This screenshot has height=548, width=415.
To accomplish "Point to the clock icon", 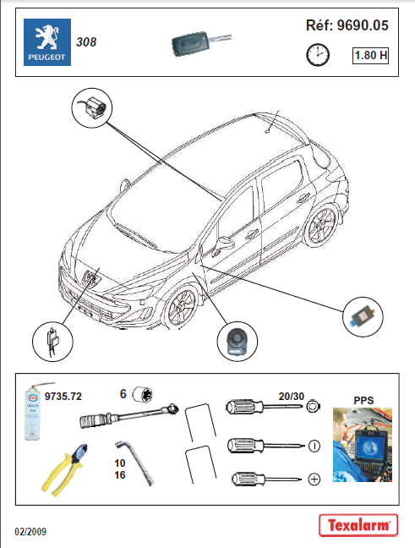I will point(317,56).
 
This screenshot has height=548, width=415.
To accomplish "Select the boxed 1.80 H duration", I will point(370,57).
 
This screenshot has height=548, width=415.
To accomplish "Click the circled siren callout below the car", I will point(235,341).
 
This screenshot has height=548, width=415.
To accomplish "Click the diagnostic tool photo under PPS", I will point(363,444).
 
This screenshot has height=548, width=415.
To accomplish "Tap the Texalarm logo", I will point(358,525).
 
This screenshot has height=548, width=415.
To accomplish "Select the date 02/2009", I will point(30,531).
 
